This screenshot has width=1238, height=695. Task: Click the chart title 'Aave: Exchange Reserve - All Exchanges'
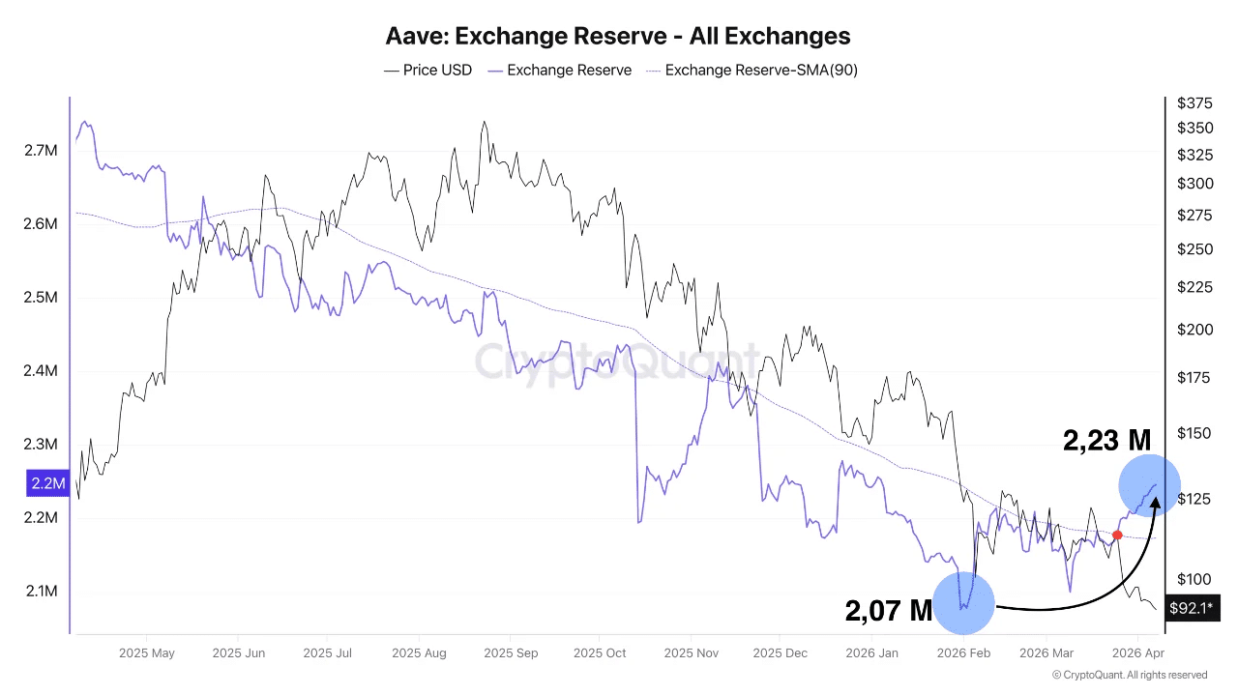[618, 37]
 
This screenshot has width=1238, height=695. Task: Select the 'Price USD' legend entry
[427, 70]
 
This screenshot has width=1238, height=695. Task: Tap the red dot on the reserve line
[1117, 535]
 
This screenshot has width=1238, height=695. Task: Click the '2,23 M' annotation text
[1106, 441]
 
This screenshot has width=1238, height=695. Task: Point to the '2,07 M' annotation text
[888, 610]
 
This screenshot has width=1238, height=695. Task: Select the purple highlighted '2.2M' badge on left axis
[47, 483]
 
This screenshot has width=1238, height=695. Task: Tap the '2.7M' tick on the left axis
[41, 151]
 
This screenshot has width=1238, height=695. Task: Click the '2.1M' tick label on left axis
[41, 591]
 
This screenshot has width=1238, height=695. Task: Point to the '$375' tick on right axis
[1194, 103]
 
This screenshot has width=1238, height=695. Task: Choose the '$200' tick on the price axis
[1194, 330]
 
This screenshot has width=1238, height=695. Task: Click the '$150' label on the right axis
[1194, 433]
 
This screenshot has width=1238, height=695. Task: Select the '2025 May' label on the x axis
[147, 653]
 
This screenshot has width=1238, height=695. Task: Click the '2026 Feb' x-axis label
[964, 653]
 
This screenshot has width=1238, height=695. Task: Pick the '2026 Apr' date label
[1138, 653]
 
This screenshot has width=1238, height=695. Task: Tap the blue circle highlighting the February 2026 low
[964, 601]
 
